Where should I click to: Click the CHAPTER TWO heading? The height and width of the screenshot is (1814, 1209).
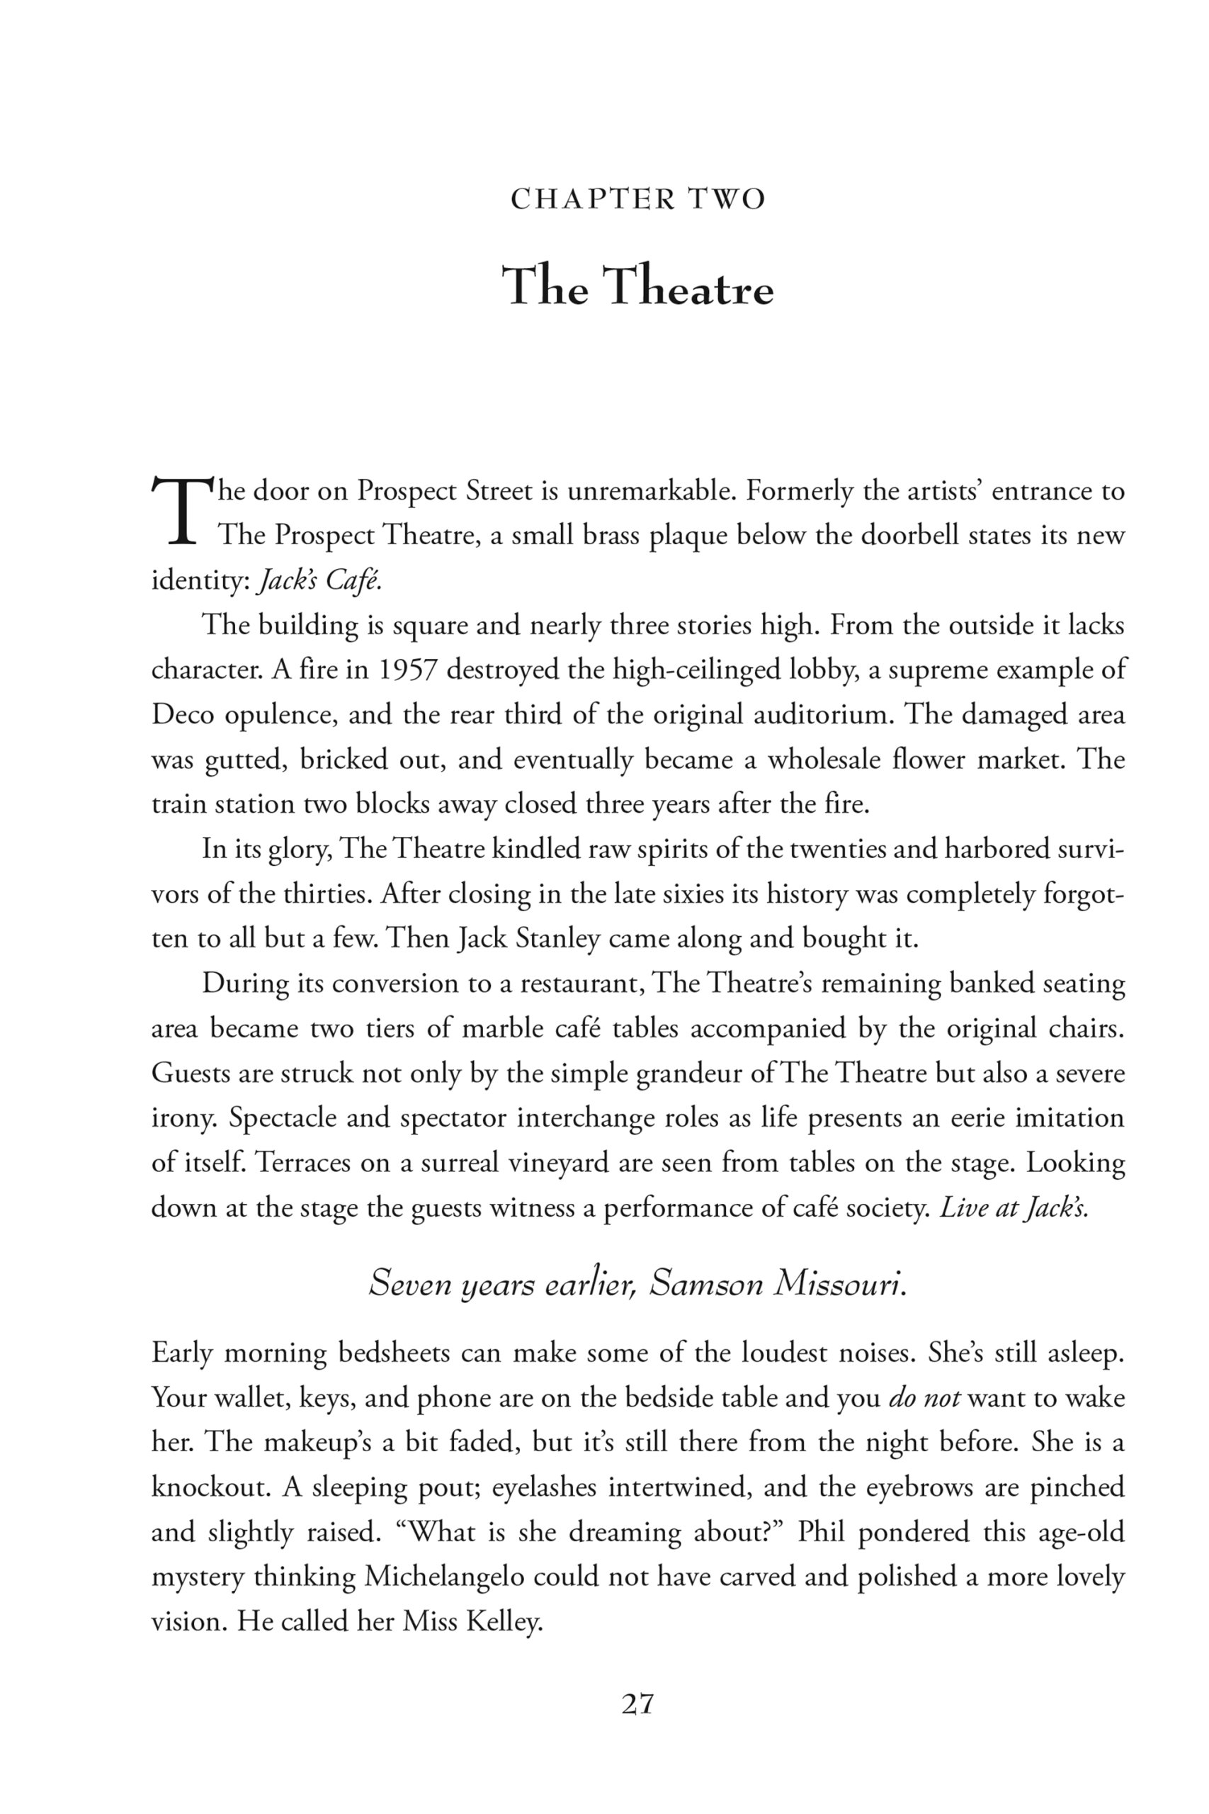click(x=637, y=200)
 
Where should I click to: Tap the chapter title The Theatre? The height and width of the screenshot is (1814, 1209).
click(x=637, y=287)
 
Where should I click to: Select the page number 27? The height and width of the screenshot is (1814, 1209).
click(x=637, y=1703)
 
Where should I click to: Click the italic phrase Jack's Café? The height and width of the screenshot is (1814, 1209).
click(x=319, y=581)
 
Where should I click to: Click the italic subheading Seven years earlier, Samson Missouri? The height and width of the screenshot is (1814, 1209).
click(x=637, y=1283)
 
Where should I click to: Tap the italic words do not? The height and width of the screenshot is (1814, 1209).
click(x=924, y=1397)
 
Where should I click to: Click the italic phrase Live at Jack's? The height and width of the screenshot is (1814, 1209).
click(x=1013, y=1207)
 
